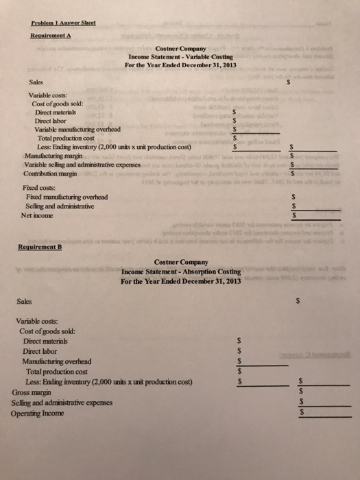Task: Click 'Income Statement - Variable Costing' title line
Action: click(x=180, y=56)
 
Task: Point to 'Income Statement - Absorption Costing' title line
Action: click(x=181, y=272)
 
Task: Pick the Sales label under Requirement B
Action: click(x=24, y=300)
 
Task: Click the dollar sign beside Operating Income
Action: click(x=302, y=413)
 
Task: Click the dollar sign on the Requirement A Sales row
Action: click(x=289, y=81)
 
